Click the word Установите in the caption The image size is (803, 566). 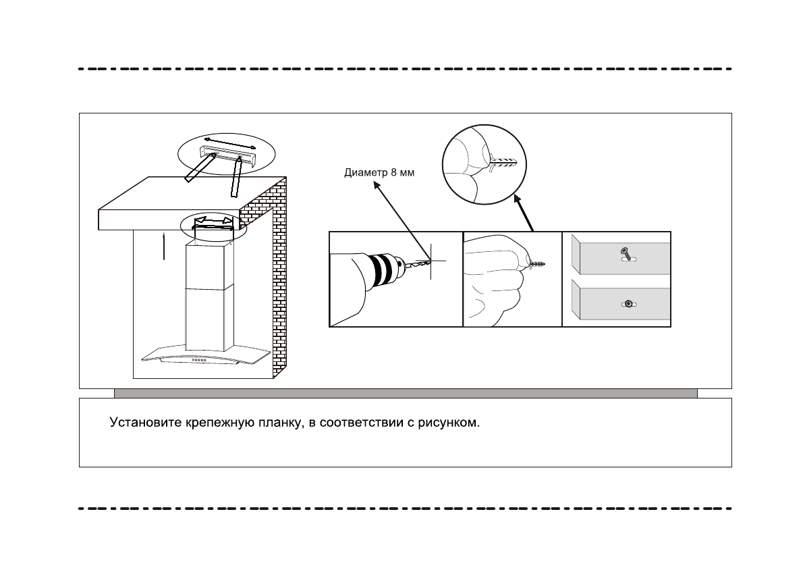pyautogui.click(x=145, y=424)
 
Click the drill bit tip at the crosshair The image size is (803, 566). pyautogui.click(x=426, y=261)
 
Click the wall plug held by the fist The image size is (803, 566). pyautogui.click(x=537, y=264)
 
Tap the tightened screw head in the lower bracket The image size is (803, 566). pyautogui.click(x=628, y=305)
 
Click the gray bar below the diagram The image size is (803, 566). pyautogui.click(x=405, y=393)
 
